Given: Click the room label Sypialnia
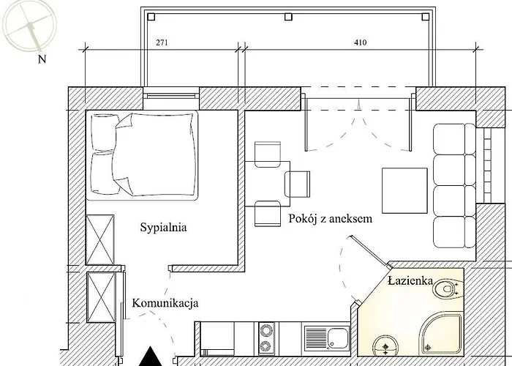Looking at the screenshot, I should (x=163, y=228).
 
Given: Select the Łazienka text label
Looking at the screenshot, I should (x=410, y=280).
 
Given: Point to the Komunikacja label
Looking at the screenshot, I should (x=165, y=303).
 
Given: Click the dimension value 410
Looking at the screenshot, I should (x=359, y=43).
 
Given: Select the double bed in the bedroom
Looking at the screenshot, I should (x=143, y=154).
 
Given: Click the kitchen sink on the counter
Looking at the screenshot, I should (x=338, y=340).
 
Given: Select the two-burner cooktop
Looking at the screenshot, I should (x=266, y=338).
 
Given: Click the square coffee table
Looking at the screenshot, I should (x=404, y=189).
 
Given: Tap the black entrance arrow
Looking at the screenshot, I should (x=150, y=356).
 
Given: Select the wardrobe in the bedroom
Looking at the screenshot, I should (x=99, y=239).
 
